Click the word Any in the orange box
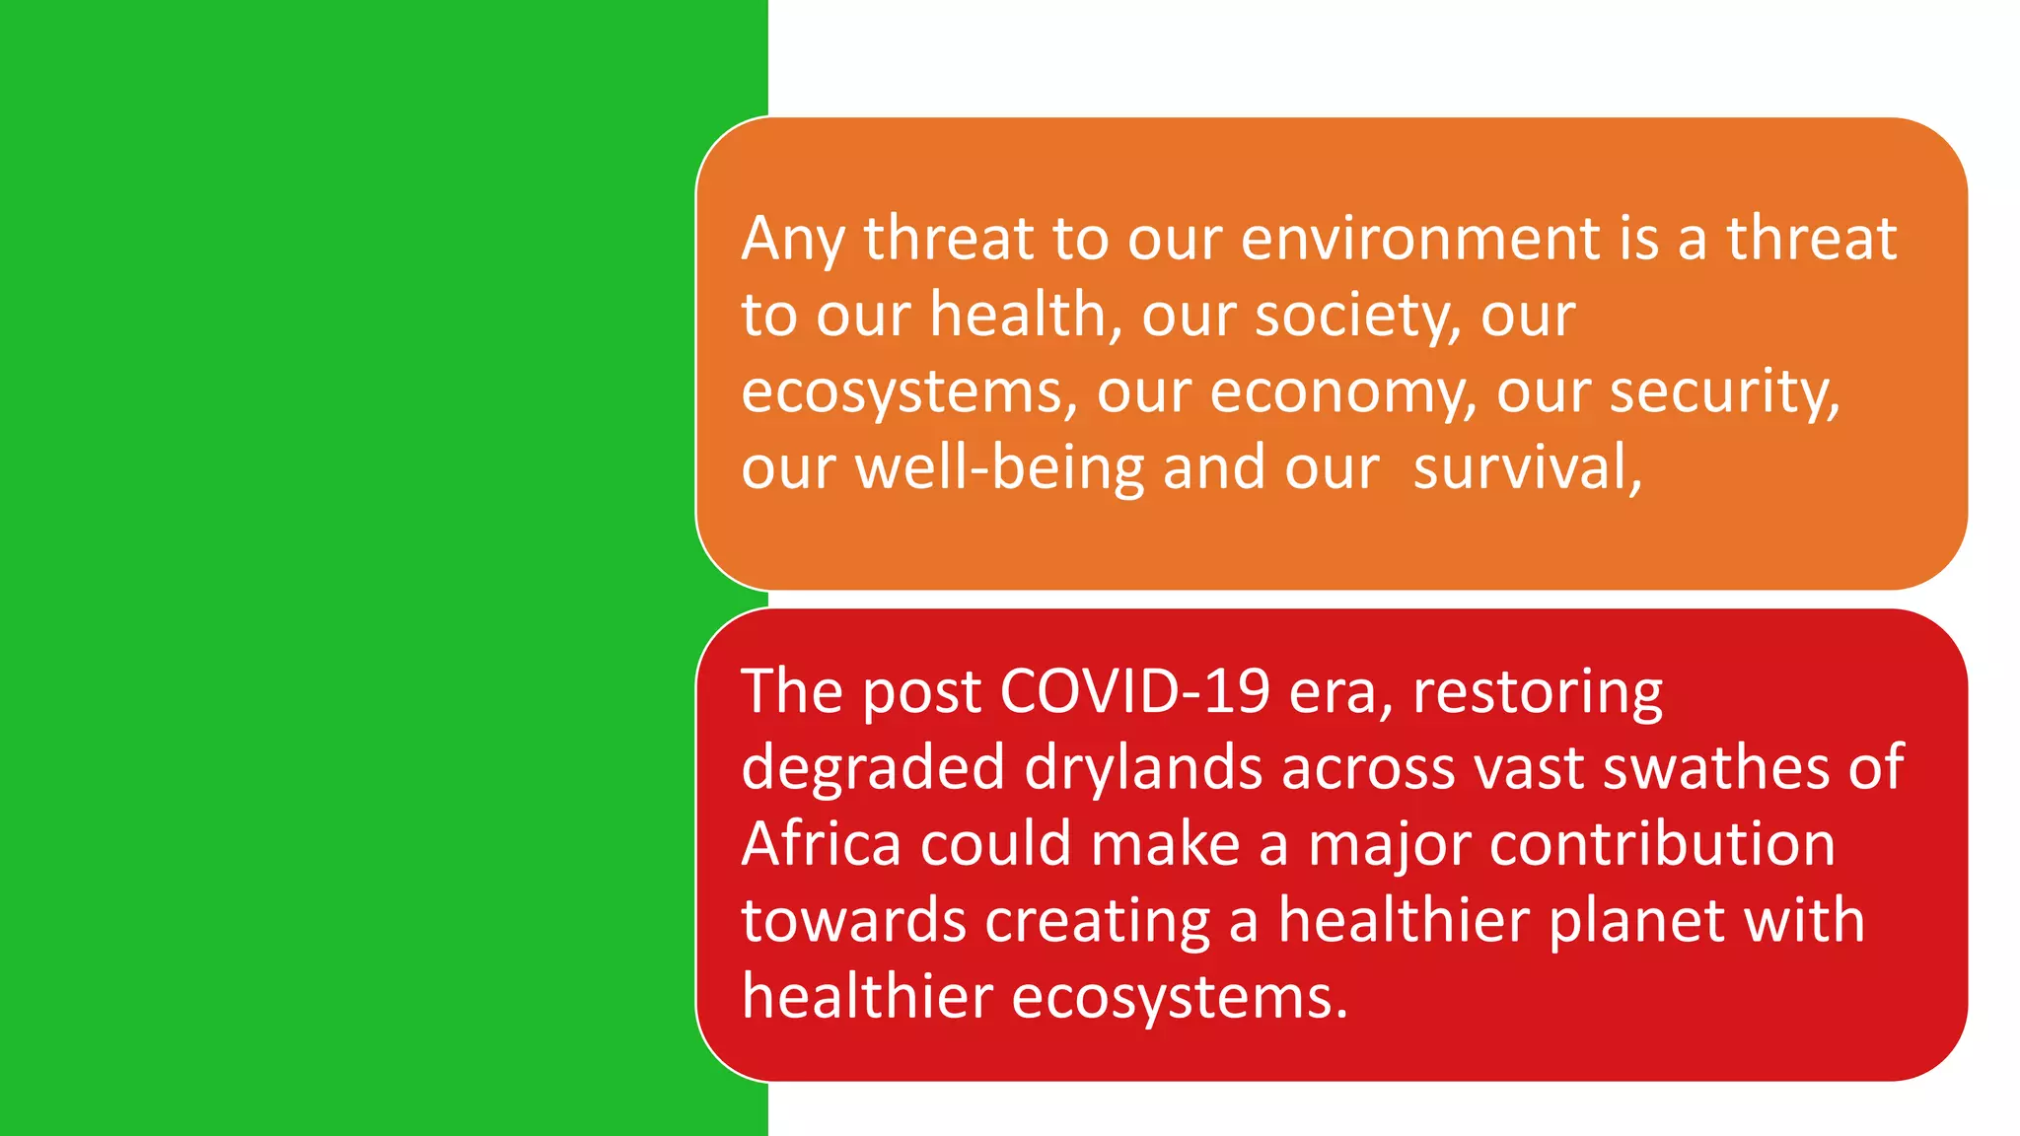[793, 240]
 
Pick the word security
[1724, 392]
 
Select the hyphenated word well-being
[999, 468]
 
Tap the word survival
[1527, 467]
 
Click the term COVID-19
[1134, 691]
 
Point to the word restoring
[1538, 693]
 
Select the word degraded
[873, 769]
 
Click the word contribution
[1662, 844]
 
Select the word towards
[854, 921]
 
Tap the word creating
[1097, 923]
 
